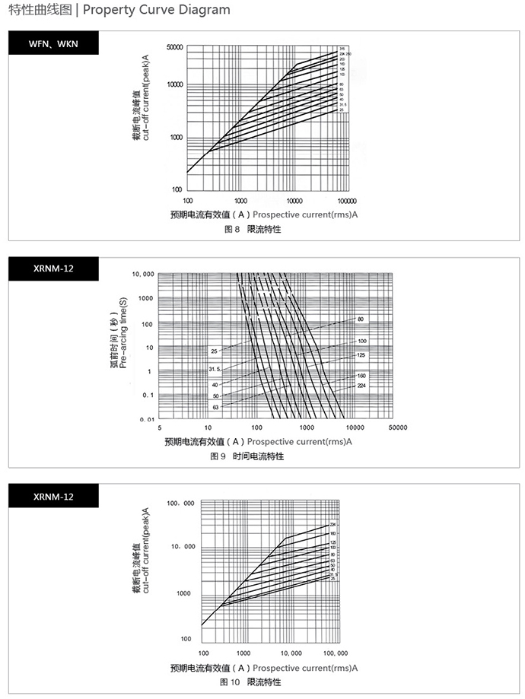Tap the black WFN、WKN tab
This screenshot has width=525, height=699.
54,43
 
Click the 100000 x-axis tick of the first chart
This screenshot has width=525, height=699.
347,199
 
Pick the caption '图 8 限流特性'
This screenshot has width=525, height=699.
252,229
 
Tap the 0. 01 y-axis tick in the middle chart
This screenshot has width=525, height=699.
145,419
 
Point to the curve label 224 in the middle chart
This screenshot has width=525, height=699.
362,386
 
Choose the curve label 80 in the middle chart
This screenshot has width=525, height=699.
361,318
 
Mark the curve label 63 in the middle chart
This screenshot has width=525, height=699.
215,408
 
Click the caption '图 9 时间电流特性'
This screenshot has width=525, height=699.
247,456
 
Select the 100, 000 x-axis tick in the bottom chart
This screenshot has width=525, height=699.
336,653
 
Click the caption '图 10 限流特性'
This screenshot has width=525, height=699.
250,682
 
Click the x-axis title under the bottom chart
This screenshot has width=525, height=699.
263,667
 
